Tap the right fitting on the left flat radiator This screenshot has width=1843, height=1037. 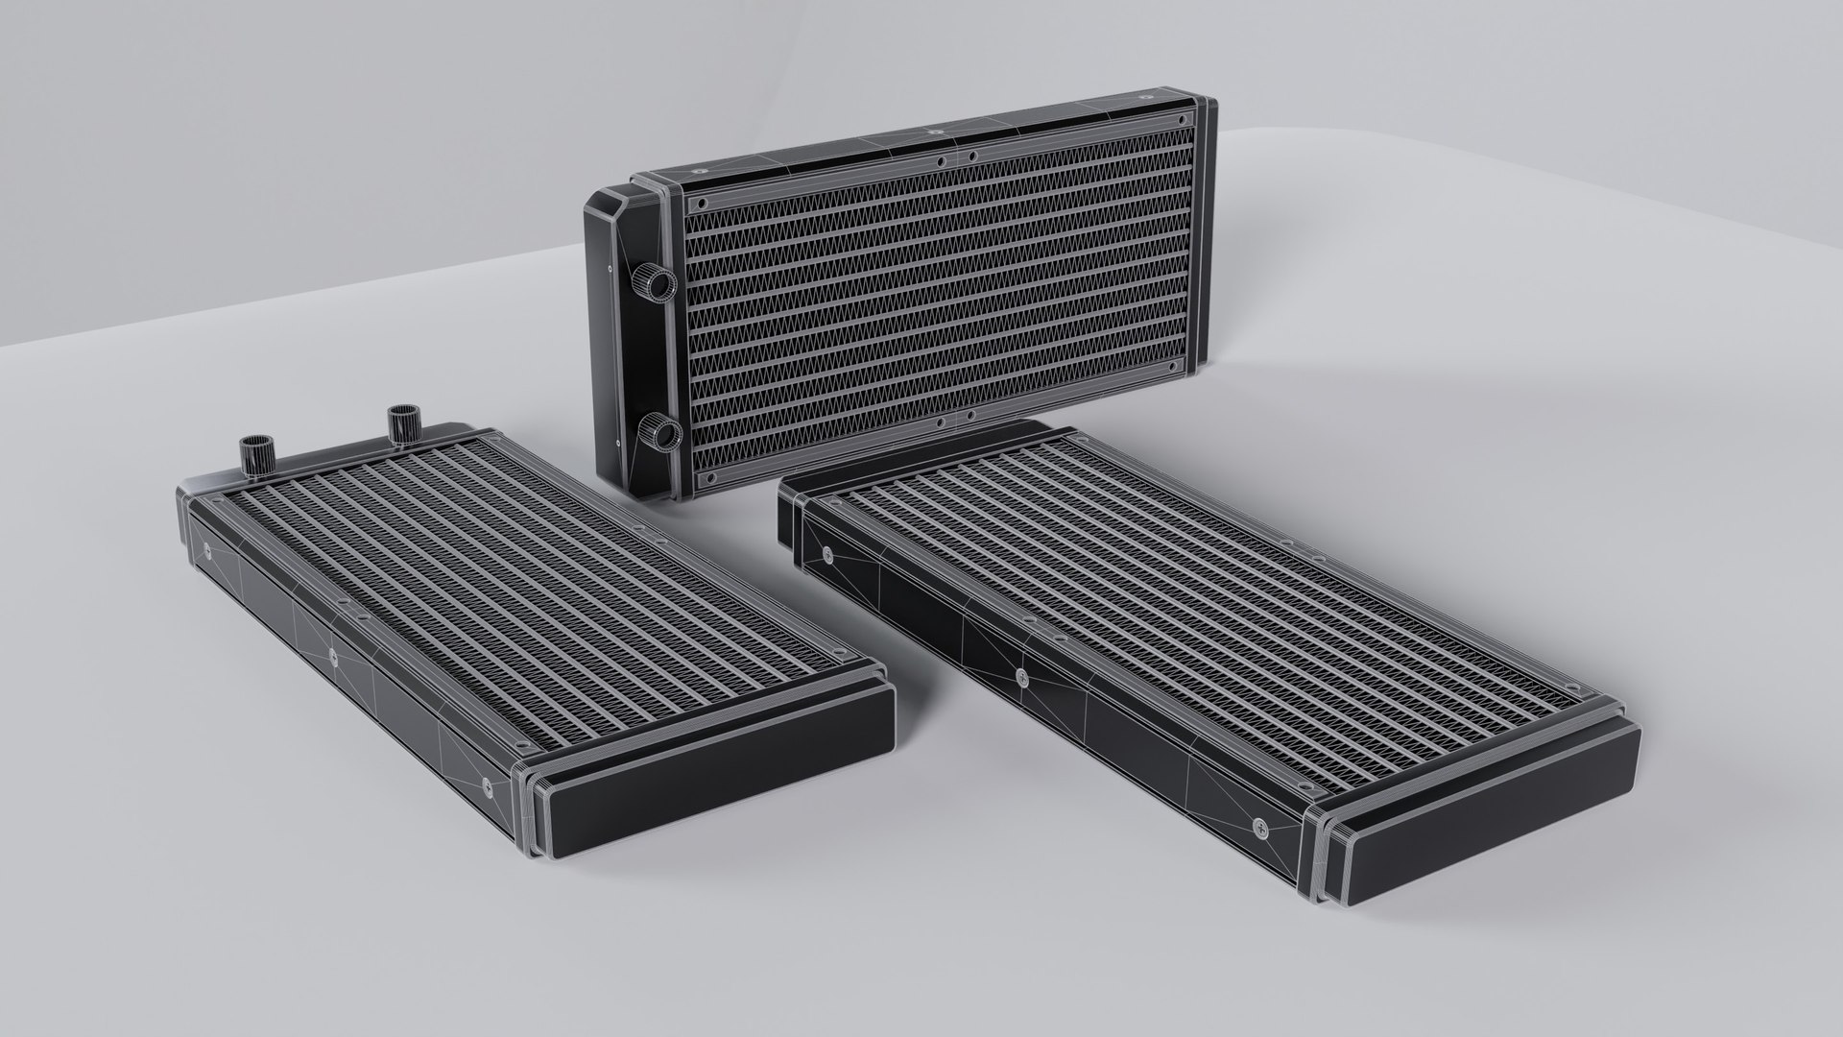(x=400, y=422)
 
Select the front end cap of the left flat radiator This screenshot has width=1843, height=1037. (x=710, y=778)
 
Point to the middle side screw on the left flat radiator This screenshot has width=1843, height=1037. (x=333, y=657)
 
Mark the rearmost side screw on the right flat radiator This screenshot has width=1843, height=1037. (x=827, y=554)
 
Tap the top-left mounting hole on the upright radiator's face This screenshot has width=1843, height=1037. (x=701, y=204)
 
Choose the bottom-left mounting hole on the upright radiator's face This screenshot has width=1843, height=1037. (x=709, y=476)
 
